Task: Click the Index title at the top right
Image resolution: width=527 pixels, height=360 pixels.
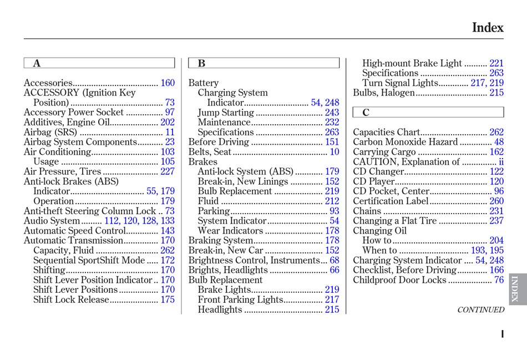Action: pos(487,28)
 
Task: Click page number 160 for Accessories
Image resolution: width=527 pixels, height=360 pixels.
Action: pos(168,83)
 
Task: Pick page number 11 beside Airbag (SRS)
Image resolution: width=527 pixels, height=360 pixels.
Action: pos(170,133)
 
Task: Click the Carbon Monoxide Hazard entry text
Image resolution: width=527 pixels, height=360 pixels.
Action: pos(406,143)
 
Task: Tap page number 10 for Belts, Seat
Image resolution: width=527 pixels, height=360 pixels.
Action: pos(335,152)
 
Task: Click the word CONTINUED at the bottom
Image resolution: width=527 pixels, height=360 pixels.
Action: pos(480,310)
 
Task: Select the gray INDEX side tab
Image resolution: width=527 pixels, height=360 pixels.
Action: pos(515,289)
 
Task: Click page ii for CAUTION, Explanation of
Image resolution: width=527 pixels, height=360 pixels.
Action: pos(501,162)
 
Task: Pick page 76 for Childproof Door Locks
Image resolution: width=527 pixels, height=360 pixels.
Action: pos(499,280)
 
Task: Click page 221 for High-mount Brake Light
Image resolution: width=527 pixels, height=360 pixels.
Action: pos(496,64)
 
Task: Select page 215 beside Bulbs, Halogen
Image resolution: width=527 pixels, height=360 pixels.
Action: pos(496,93)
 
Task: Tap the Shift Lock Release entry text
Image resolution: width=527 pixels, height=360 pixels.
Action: pos(72,300)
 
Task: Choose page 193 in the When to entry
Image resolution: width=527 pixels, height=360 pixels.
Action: pos(478,251)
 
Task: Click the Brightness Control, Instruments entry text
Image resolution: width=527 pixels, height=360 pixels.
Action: pos(254,261)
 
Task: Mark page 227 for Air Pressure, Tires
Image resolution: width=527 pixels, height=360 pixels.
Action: pos(168,172)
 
